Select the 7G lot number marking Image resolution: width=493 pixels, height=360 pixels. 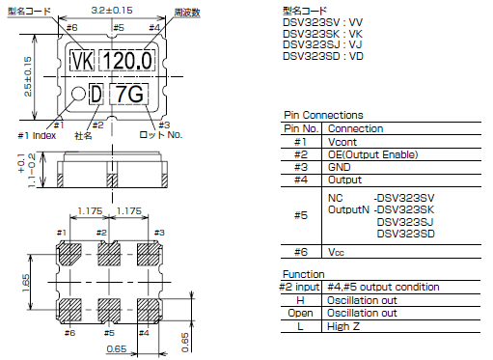click(129, 94)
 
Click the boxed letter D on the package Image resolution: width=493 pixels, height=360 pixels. click(96, 94)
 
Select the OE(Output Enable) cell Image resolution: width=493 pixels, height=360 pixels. click(374, 154)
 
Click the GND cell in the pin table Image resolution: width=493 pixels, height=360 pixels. click(339, 167)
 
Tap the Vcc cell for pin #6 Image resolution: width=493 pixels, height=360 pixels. click(337, 252)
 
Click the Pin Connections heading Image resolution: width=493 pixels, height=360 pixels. click(323, 115)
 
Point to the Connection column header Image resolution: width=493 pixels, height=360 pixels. click(355, 128)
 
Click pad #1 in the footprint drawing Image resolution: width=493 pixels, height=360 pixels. click(70, 256)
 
